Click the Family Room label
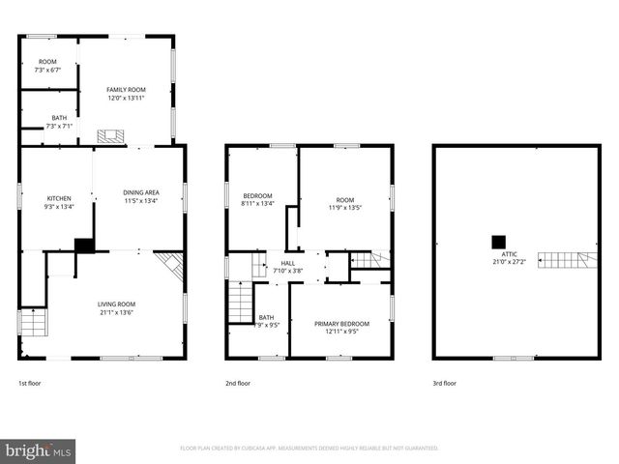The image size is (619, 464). tap(125, 90)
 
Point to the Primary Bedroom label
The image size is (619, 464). tap(342, 323)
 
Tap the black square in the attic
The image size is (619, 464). tap(499, 241)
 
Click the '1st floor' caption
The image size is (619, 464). tap(31, 383)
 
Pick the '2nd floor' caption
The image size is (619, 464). tap(238, 383)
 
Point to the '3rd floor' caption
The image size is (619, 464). tap(445, 383)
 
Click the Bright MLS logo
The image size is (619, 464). tap(39, 450)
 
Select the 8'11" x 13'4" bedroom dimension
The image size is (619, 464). tap(258, 204)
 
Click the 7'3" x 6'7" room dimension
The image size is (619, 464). tap(48, 70)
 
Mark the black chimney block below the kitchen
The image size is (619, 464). tap(85, 246)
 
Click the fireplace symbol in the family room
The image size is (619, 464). tap(111, 136)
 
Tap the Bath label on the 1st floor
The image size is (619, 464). tap(59, 118)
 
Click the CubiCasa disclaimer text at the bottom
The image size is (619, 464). tap(309, 448)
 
